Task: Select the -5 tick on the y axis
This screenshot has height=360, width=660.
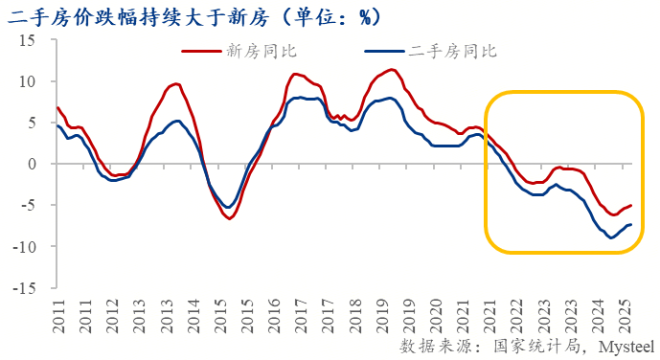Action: pyautogui.click(x=27, y=205)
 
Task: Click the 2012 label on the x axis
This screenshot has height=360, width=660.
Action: pyautogui.click(x=113, y=313)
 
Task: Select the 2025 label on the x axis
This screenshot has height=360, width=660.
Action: pyautogui.click(x=624, y=313)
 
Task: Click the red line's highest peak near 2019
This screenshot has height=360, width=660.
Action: pyautogui.click(x=392, y=70)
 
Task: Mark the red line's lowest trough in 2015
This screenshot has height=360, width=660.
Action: pyautogui.click(x=230, y=218)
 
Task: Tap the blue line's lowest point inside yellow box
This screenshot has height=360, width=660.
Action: pyautogui.click(x=610, y=237)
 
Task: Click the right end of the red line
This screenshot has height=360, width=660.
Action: pyautogui.click(x=631, y=205)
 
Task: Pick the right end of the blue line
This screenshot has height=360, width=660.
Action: pyautogui.click(x=631, y=224)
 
